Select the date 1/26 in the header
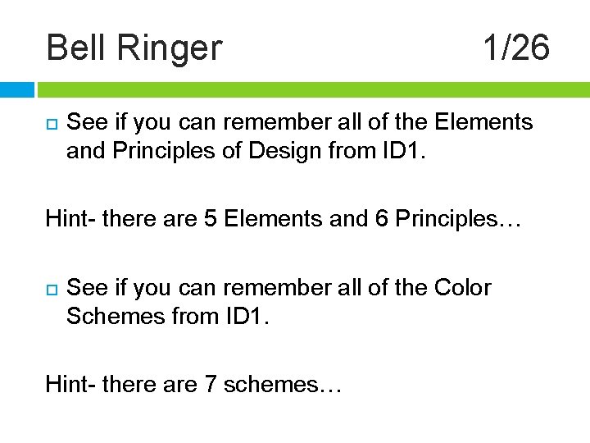[x=515, y=48]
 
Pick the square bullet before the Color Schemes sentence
[x=51, y=290]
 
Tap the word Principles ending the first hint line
[x=447, y=219]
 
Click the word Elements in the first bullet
[x=483, y=123]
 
